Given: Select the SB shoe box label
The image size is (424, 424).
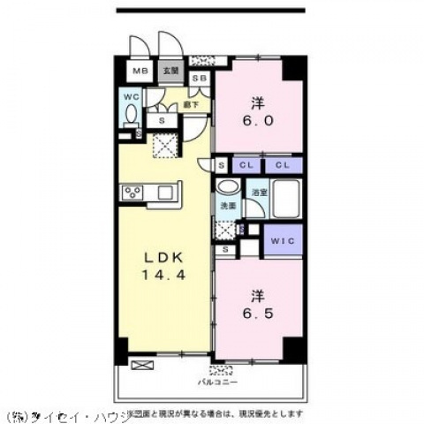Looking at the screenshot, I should (x=199, y=79).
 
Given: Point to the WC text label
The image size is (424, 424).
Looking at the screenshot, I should (x=129, y=95).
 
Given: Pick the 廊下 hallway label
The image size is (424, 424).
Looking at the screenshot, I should (x=189, y=104).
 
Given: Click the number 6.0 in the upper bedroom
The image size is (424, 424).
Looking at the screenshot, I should (x=256, y=122).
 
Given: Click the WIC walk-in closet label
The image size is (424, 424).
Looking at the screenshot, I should (x=283, y=240).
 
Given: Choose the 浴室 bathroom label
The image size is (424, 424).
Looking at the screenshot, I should (x=259, y=192).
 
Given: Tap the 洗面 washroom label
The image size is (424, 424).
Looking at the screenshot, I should (x=227, y=207).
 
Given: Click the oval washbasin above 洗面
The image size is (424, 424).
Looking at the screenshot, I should (x=227, y=188).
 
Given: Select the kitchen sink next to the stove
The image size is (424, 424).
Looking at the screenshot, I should (x=169, y=192).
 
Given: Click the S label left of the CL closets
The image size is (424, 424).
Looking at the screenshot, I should (x=221, y=165).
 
